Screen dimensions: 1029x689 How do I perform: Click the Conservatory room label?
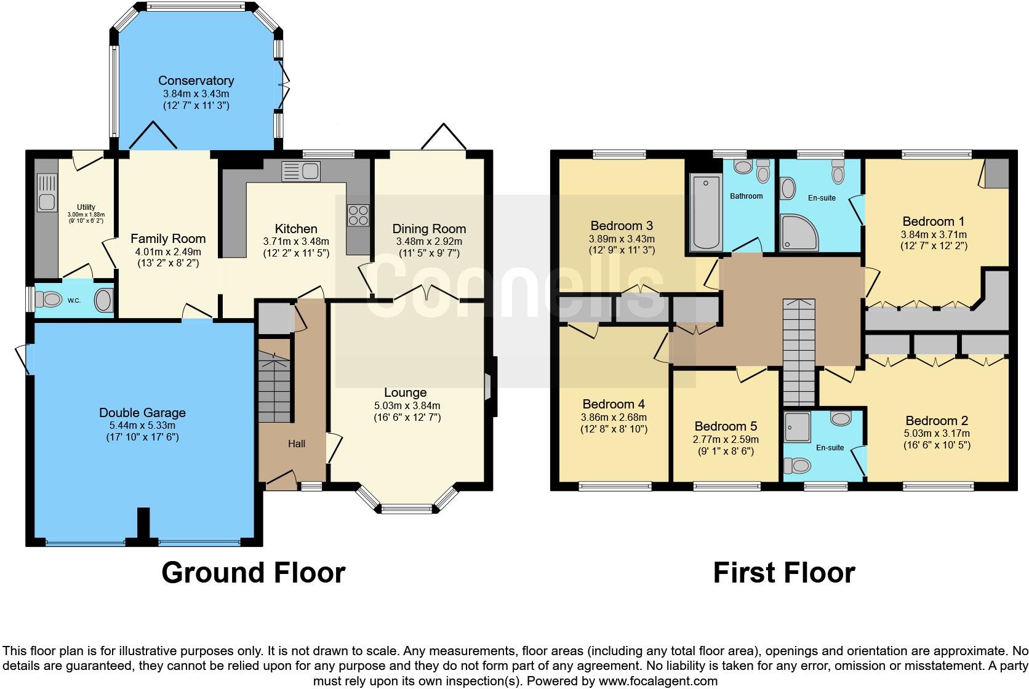(196, 81)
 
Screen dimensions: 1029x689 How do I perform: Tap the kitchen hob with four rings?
(358, 215)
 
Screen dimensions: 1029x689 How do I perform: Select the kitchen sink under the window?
(301, 172)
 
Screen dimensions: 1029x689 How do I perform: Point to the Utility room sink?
(47, 193)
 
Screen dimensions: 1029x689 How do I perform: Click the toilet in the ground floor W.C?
(48, 300)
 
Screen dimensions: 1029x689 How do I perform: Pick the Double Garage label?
(142, 413)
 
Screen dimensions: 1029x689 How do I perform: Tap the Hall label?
(297, 444)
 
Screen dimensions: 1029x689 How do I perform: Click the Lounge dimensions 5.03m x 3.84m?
(407, 405)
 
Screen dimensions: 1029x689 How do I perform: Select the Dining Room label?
(429, 229)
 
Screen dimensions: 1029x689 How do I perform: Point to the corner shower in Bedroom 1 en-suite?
(799, 233)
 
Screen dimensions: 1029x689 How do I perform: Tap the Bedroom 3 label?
(622, 226)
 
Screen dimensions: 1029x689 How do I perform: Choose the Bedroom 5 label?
(726, 426)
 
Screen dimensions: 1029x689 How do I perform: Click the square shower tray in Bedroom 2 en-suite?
(797, 427)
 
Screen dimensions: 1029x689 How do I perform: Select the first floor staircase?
(799, 352)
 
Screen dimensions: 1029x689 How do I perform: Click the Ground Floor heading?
(254, 573)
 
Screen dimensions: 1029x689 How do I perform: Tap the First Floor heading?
(784, 573)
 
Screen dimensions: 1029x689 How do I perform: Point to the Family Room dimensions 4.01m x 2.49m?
(168, 252)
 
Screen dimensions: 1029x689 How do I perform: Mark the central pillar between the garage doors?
(144, 526)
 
